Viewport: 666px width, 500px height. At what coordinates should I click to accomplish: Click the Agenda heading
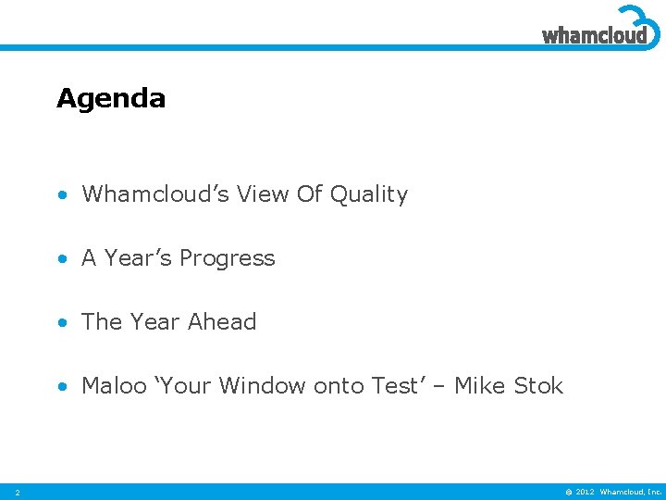click(111, 98)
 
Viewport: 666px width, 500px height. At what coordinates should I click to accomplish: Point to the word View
click(262, 194)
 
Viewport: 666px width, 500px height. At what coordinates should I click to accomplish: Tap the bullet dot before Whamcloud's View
click(61, 195)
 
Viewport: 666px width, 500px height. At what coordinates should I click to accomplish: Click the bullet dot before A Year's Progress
click(61, 259)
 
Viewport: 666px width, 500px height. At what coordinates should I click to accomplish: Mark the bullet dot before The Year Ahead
click(61, 323)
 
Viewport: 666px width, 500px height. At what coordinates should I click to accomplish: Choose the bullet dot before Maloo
click(61, 387)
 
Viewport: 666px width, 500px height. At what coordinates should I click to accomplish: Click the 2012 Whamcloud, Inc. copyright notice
click(610, 492)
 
